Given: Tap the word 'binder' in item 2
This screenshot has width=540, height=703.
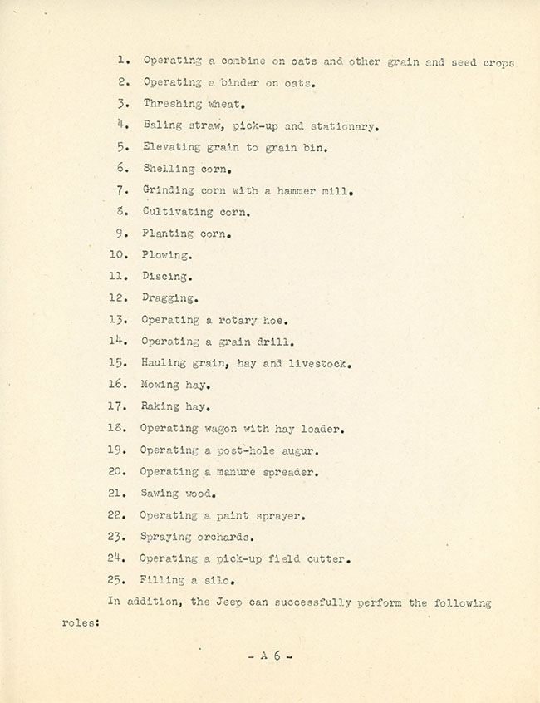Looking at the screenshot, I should [x=242, y=83].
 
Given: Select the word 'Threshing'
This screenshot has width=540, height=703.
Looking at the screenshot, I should [x=172, y=105].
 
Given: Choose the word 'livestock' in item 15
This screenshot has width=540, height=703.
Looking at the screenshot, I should [x=318, y=364].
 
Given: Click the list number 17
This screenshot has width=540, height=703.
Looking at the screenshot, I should [x=118, y=407].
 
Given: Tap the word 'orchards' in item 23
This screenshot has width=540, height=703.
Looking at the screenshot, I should [x=229, y=538].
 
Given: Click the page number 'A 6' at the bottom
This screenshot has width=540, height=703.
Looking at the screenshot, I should [x=271, y=656].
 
